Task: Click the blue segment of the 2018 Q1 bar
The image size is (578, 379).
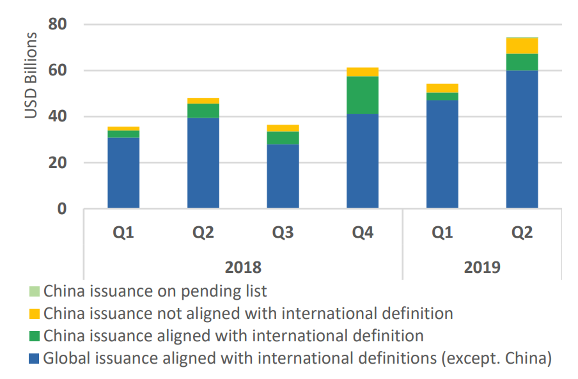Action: pyautogui.click(x=123, y=173)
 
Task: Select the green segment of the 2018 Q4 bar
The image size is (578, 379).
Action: pyautogui.click(x=363, y=95)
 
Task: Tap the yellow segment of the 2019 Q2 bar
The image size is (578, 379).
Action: pyautogui.click(x=522, y=45)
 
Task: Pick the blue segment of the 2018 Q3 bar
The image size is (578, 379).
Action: pyautogui.click(x=283, y=176)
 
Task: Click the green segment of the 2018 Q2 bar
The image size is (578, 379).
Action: pyautogui.click(x=203, y=111)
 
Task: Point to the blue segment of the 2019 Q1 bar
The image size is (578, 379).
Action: pyautogui.click(x=442, y=154)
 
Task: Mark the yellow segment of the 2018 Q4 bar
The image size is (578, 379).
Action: pyautogui.click(x=363, y=72)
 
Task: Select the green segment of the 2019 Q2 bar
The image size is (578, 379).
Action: pyautogui.click(x=522, y=62)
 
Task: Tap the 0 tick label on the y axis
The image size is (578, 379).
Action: pyautogui.click(x=62, y=209)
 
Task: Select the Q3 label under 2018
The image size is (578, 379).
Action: pyautogui.click(x=283, y=233)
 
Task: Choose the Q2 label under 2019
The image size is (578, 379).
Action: pyautogui.click(x=522, y=233)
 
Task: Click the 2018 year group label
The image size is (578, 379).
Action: pyautogui.click(x=243, y=266)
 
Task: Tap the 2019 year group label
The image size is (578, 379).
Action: pyautogui.click(x=482, y=266)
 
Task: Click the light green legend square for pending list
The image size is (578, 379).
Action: pyautogui.click(x=35, y=292)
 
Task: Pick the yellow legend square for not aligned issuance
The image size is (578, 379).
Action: pyautogui.click(x=35, y=314)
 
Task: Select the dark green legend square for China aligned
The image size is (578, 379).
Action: pyautogui.click(x=35, y=336)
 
